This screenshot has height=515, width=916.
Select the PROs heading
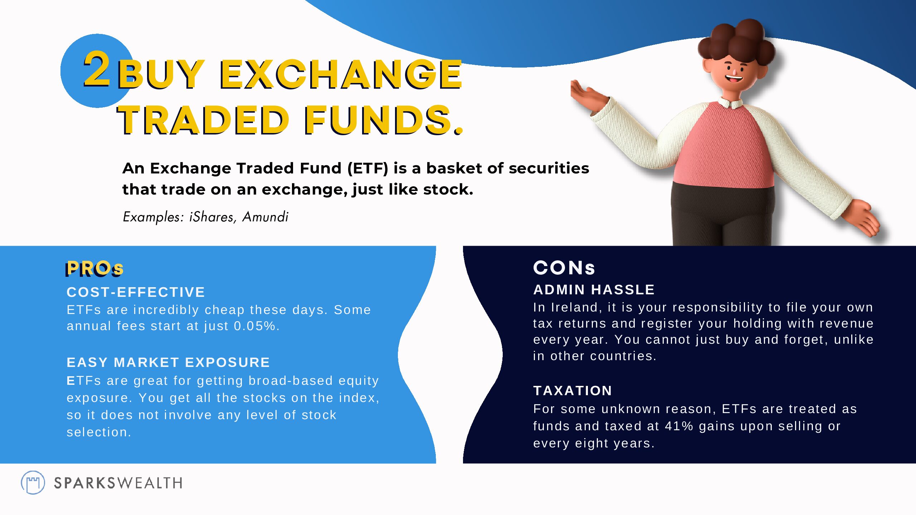(94, 268)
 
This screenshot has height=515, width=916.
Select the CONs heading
(564, 268)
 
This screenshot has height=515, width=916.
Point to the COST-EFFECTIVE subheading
(136, 292)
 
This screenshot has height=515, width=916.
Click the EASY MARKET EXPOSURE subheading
(168, 362)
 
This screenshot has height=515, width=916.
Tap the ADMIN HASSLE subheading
(594, 289)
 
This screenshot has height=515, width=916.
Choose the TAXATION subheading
(572, 390)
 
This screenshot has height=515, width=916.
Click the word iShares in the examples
(211, 217)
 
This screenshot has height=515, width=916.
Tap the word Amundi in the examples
(265, 217)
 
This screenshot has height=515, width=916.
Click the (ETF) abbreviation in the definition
(367, 168)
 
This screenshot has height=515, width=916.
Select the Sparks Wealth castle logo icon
(33, 482)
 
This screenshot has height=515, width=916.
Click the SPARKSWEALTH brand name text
(118, 483)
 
